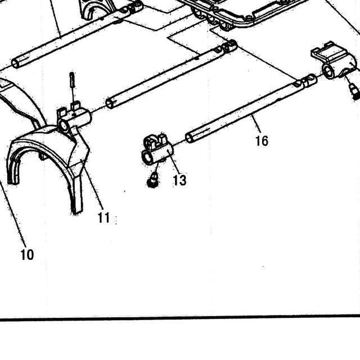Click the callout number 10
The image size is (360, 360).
click(27, 255)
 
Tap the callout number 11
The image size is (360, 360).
click(103, 218)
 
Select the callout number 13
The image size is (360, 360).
click(179, 180)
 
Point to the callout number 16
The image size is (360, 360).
click(262, 141)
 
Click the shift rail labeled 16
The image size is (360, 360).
click(251, 109)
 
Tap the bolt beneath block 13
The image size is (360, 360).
click(152, 180)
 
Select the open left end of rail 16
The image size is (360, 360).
click(190, 138)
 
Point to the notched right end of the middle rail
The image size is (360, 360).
click(228, 47)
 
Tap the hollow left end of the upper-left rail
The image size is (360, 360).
click(16, 63)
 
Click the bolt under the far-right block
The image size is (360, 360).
click(354, 91)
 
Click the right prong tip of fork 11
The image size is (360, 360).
click(76, 210)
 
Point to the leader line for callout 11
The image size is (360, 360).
click(93, 184)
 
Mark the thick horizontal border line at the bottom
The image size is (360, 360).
click(180, 318)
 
